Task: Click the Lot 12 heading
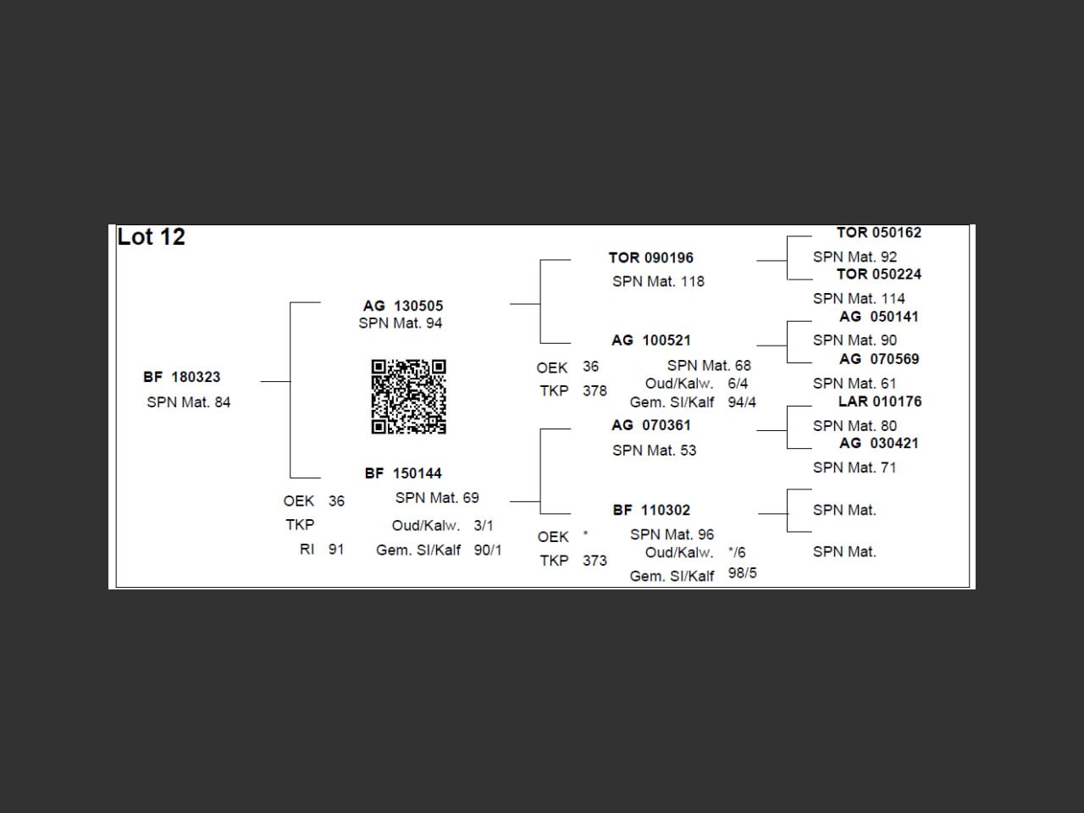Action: [151, 237]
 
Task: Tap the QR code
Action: [408, 396]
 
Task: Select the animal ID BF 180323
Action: [181, 377]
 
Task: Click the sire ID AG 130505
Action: [402, 306]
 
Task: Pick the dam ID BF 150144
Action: [403, 473]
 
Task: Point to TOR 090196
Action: [650, 257]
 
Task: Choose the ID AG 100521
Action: [650, 340]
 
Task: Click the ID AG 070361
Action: [650, 425]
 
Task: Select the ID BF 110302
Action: [650, 510]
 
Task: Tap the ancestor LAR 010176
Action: [879, 401]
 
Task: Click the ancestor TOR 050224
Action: [878, 274]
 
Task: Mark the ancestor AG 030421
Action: [878, 443]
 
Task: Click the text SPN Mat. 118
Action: [658, 281]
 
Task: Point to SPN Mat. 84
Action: [188, 402]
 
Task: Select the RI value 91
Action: [336, 550]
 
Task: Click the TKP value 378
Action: [595, 391]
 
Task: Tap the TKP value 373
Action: [595, 561]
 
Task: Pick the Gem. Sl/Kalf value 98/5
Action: [742, 573]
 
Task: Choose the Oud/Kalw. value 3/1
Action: [484, 526]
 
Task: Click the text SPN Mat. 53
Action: [654, 451]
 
